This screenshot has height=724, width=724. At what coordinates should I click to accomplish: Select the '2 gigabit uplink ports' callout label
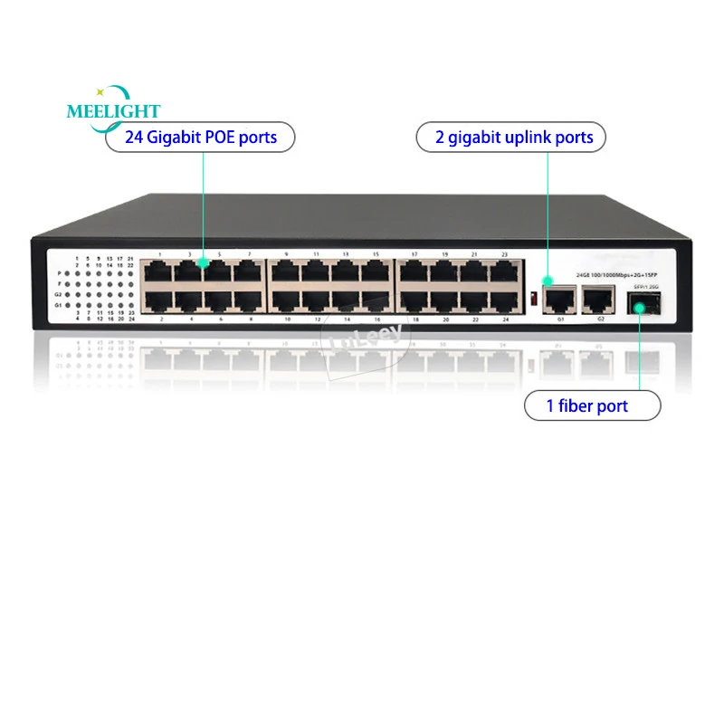(510, 138)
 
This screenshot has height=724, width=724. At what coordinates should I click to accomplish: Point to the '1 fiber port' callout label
(586, 406)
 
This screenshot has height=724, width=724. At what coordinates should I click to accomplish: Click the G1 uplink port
(561, 296)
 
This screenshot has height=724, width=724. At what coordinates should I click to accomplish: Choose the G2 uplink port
(597, 296)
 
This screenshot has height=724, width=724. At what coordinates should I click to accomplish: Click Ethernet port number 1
(160, 271)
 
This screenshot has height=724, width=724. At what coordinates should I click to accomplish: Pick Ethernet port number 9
(287, 271)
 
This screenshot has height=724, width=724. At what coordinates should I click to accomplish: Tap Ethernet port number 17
(414, 271)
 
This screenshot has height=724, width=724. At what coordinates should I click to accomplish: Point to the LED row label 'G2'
(59, 294)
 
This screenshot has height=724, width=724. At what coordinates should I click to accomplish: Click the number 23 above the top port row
(504, 255)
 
